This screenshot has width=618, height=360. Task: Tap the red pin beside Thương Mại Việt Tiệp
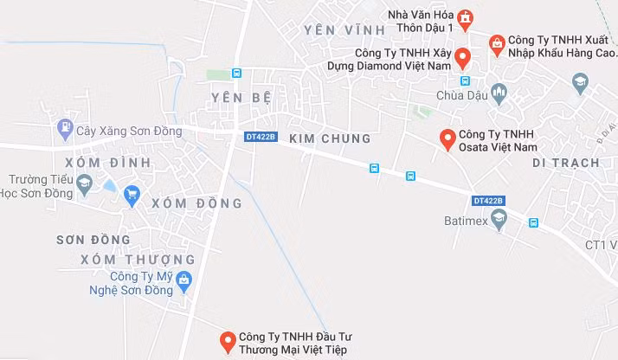227,342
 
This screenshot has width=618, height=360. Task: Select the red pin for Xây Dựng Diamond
462,58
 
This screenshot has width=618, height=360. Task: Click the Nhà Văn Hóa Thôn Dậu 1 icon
466,16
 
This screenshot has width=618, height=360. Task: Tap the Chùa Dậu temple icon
498,92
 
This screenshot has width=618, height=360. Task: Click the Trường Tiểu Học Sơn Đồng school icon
84,183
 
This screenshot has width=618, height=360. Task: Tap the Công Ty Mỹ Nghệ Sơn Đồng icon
183,279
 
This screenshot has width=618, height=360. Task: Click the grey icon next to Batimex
499,222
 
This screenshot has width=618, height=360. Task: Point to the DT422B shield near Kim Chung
260,137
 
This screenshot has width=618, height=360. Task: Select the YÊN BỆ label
235,98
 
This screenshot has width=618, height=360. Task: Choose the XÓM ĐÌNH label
95,163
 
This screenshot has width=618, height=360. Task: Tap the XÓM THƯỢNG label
138,260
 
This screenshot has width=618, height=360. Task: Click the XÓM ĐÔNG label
196,203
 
